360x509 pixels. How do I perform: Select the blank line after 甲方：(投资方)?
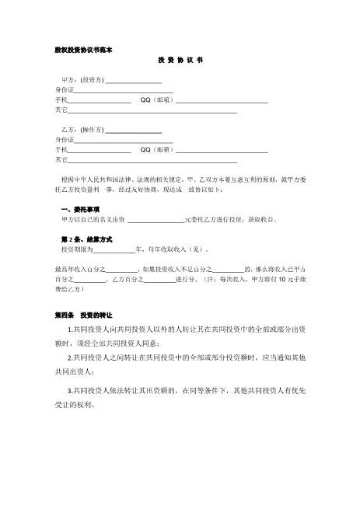coord(133,81)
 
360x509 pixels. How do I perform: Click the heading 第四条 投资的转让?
coord(84,316)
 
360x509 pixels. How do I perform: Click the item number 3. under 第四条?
coord(71,391)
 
